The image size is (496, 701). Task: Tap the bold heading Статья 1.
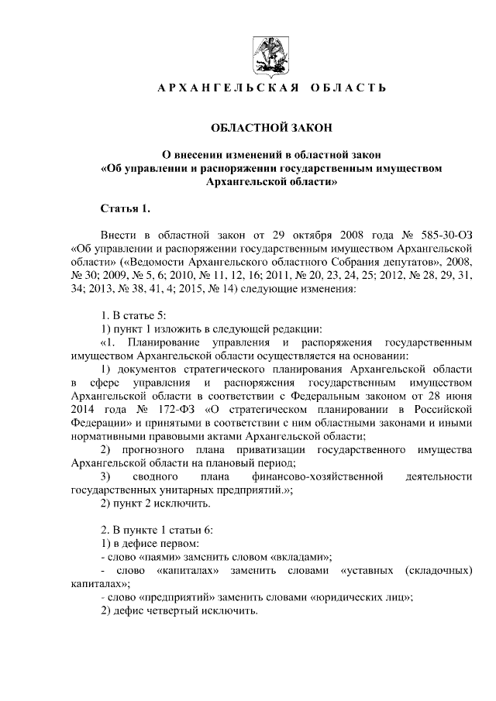(x=126, y=209)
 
